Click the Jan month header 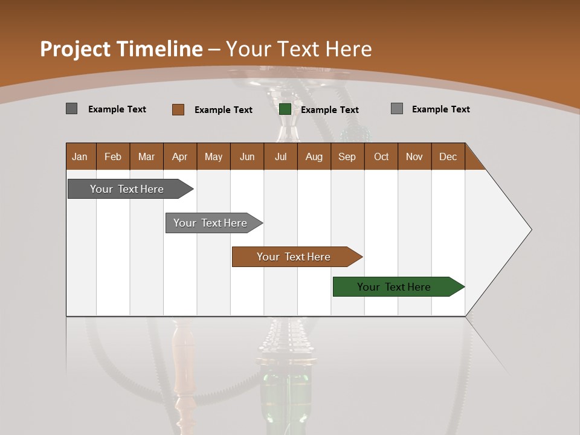click(80, 156)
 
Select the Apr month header click(180, 156)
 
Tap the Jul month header click(280, 156)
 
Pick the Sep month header click(347, 156)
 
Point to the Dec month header click(448, 156)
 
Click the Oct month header click(381, 156)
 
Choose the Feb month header click(113, 156)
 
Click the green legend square click(285, 109)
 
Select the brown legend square click(178, 109)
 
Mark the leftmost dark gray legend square click(72, 109)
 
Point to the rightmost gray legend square click(397, 109)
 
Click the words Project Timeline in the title click(121, 49)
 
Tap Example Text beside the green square click(329, 110)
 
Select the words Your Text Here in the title click(299, 49)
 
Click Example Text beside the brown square click(223, 110)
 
